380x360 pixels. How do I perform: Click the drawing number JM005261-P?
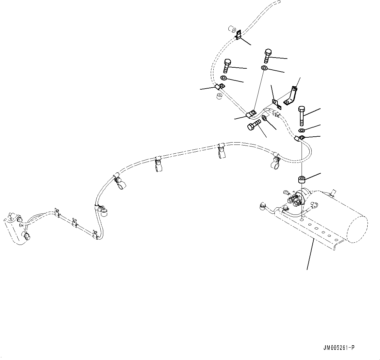coord(339,348)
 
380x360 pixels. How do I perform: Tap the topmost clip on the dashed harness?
coord(239,35)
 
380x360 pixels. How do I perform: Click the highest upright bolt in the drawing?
coord(267,56)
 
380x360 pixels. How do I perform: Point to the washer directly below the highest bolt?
coord(264,68)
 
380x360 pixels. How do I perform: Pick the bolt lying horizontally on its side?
coord(254,125)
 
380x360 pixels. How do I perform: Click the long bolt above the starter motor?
coord(301,116)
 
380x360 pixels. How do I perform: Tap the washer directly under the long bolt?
coord(302,131)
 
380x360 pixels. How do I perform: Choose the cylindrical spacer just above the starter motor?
coord(301,180)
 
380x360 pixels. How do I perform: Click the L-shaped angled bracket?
coord(291,96)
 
